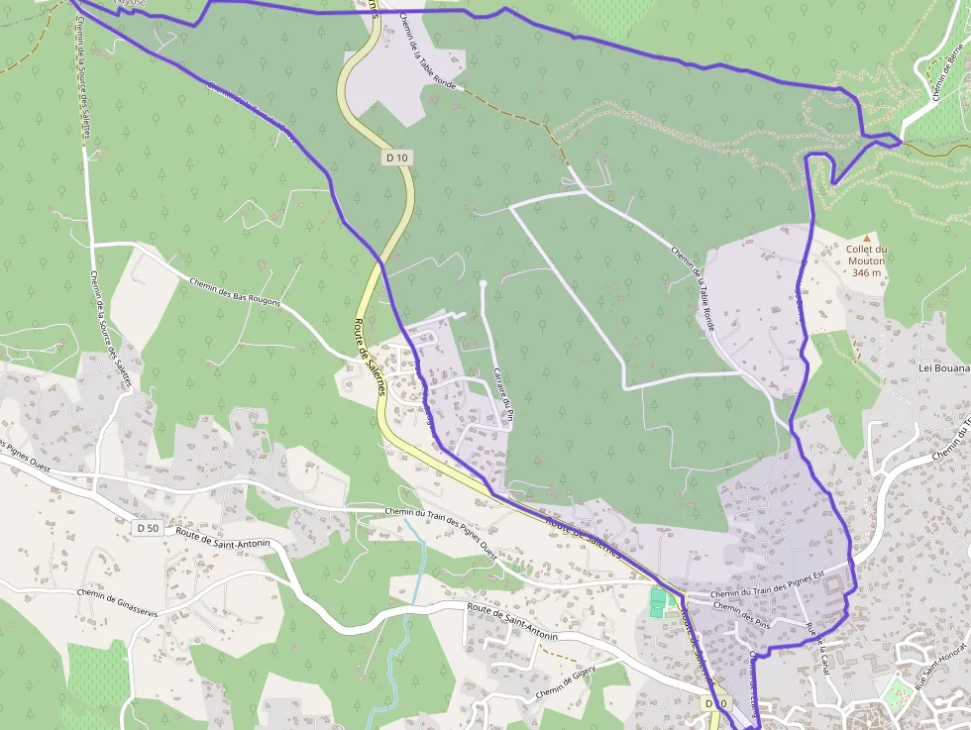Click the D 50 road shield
(x=148, y=528)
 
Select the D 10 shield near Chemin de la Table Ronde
(x=397, y=156)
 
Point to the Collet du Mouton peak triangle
(x=866, y=238)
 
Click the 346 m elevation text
(x=866, y=272)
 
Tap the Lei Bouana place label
(x=943, y=366)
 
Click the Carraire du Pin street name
(x=502, y=394)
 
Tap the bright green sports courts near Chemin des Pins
(x=658, y=602)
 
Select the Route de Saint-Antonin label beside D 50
(x=223, y=536)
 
